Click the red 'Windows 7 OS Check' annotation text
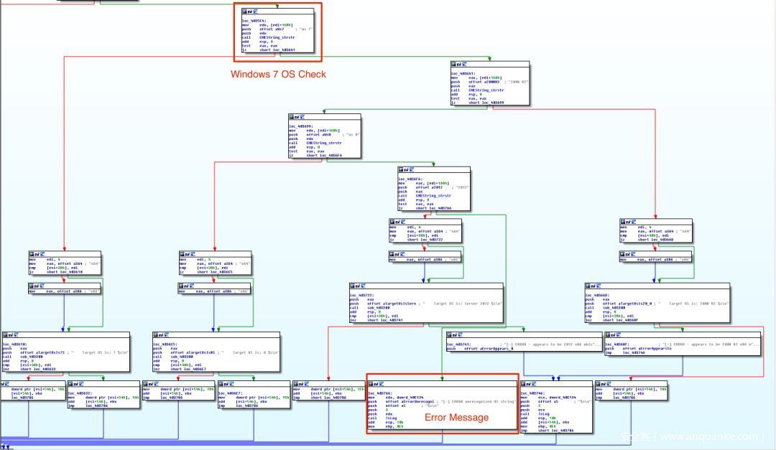coord(278,74)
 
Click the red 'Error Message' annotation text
coord(456,417)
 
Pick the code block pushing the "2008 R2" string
coord(490,85)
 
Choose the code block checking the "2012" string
coord(434,190)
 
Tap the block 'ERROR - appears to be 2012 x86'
coord(523,346)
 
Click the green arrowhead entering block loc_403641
coord(490,59)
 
